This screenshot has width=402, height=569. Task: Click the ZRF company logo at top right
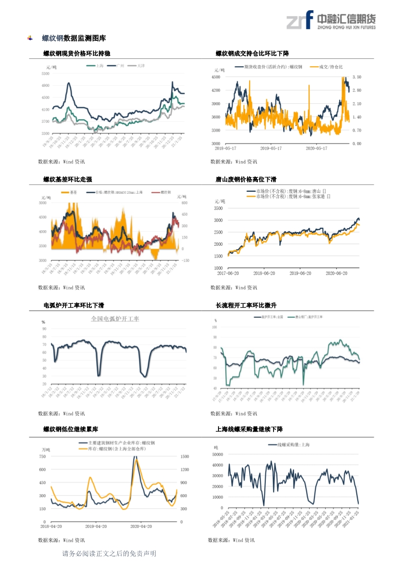pyautogui.click(x=331, y=20)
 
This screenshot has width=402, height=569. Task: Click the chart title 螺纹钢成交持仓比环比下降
pyautogui.click(x=252, y=53)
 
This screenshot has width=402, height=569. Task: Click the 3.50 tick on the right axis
pyautogui.click(x=357, y=77)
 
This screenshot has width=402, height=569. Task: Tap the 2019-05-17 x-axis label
pyautogui.click(x=271, y=148)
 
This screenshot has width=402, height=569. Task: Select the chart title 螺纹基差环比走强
pyautogui.click(x=68, y=179)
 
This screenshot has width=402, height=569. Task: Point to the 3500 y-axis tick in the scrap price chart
pyautogui.click(x=218, y=208)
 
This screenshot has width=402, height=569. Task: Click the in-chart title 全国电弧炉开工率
pyautogui.click(x=115, y=319)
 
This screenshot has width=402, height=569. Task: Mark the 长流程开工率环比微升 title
pyautogui.click(x=246, y=305)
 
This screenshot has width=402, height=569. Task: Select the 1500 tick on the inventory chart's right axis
pyautogui.click(x=184, y=457)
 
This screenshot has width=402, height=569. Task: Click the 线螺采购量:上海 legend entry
pyautogui.click(x=293, y=445)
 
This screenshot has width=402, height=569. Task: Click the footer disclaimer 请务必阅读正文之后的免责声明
pyautogui.click(x=109, y=554)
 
